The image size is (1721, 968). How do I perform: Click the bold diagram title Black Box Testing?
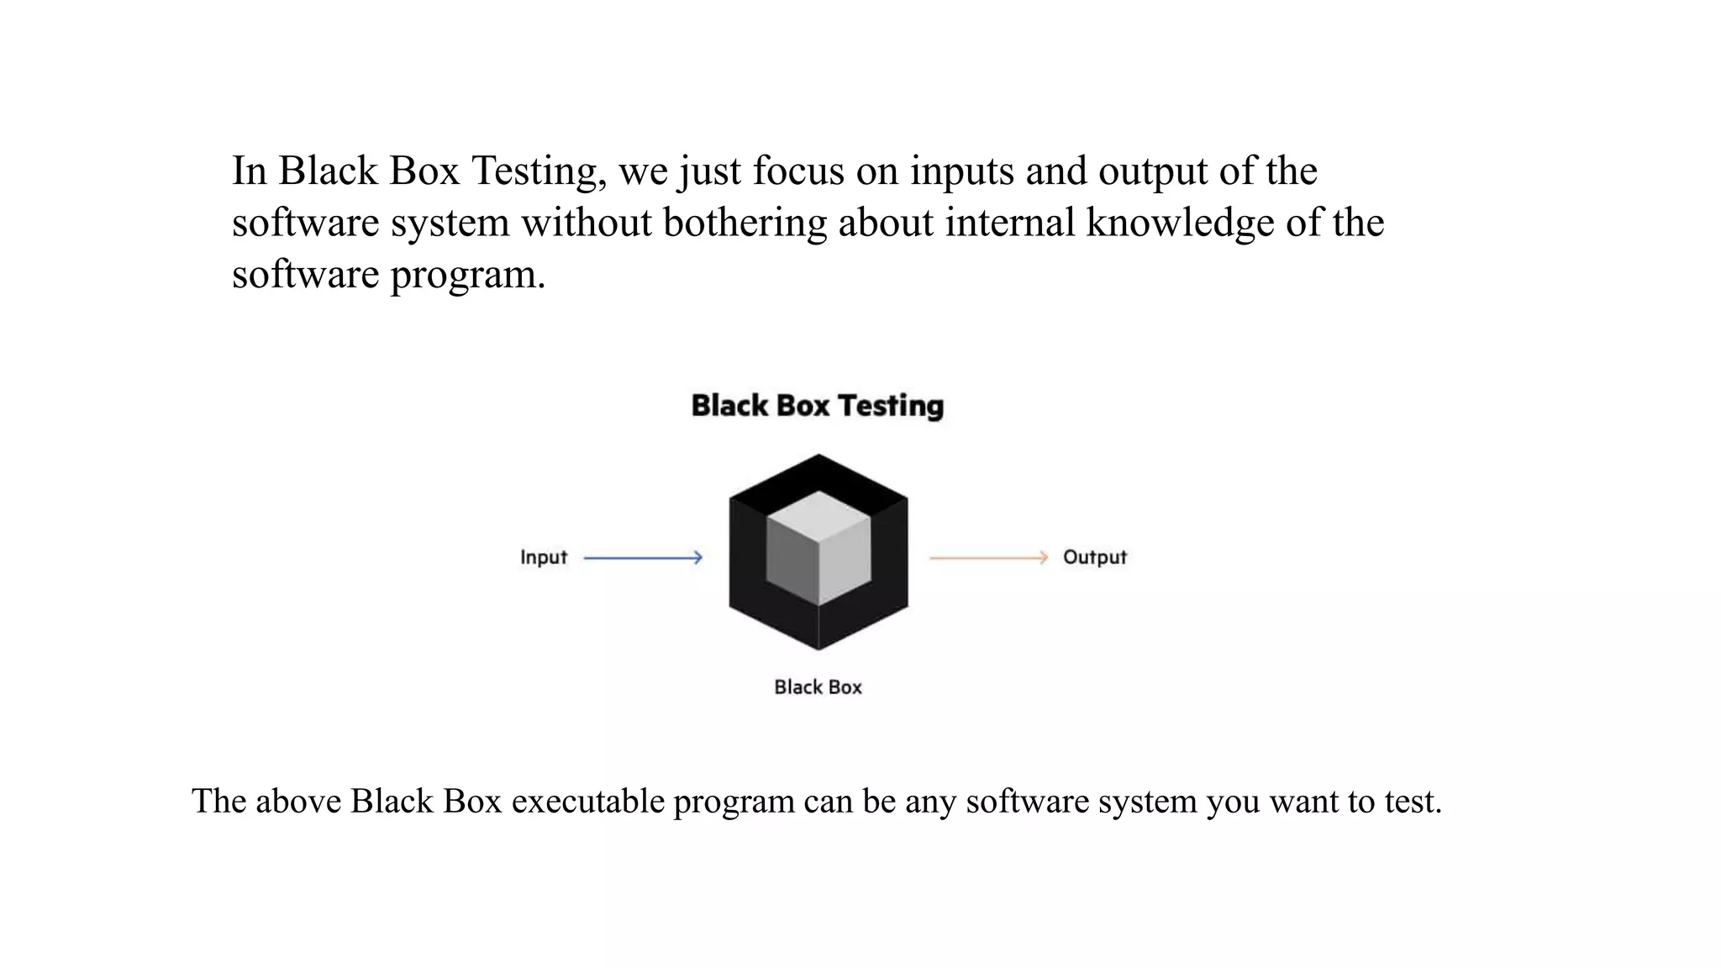817,406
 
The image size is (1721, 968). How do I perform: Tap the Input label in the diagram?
543,558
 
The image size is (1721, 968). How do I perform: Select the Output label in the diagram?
1094,558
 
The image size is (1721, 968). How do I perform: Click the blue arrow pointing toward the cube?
643,558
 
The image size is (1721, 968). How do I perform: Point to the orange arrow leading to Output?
988,558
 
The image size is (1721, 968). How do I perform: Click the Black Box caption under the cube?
818,687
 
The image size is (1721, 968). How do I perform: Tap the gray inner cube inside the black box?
818,548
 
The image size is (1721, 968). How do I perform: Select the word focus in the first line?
798,171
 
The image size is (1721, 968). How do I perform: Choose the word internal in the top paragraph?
1009,223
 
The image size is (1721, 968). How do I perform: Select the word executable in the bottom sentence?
588,802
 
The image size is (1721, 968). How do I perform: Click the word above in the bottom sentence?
297,802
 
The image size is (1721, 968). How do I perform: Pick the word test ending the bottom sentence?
1412,802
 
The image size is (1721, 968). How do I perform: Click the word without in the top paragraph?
587,223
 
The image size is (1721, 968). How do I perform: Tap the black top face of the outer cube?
818,475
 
